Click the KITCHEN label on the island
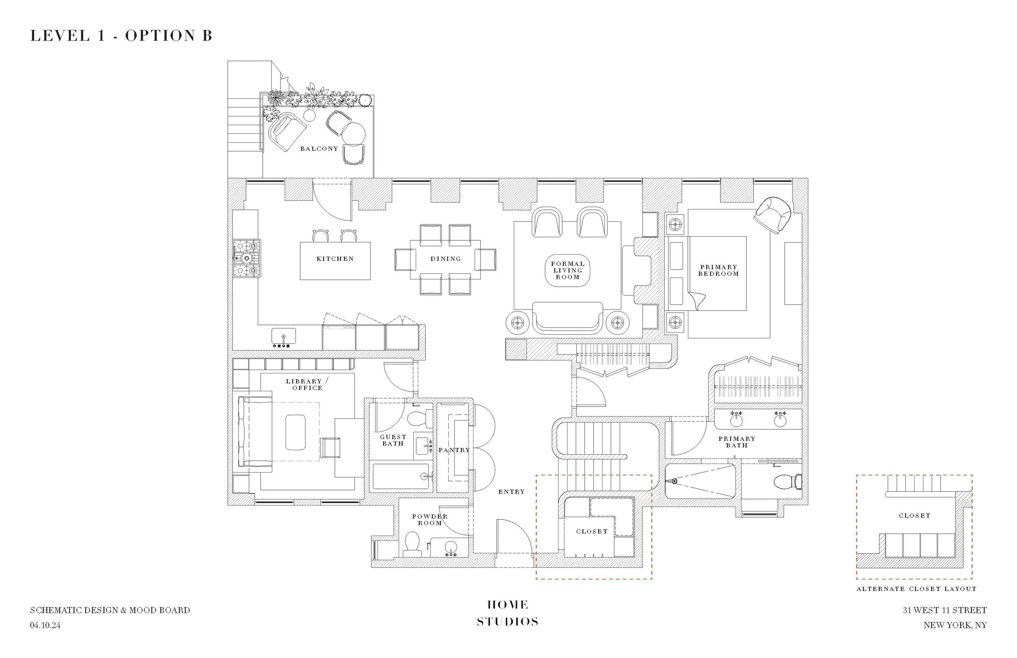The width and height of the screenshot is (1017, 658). click(x=335, y=259)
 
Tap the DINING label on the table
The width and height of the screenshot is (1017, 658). click(x=446, y=259)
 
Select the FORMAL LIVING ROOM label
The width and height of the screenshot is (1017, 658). click(x=567, y=270)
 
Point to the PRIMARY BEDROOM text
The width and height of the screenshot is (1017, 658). click(x=718, y=270)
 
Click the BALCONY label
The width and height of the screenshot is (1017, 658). click(x=319, y=149)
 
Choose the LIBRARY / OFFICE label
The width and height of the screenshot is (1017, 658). click(x=307, y=385)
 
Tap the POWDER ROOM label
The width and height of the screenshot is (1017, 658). click(x=430, y=520)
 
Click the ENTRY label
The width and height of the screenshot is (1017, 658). click(x=511, y=492)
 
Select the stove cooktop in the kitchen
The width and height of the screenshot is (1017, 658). click(x=247, y=258)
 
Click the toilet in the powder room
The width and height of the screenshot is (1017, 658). click(x=412, y=544)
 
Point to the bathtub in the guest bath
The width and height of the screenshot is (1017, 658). click(x=400, y=476)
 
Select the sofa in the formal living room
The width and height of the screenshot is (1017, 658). click(x=567, y=318)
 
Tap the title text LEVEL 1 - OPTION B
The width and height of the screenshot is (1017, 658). click(x=121, y=35)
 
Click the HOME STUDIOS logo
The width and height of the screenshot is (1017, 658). click(x=508, y=613)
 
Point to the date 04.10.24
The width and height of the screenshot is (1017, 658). click(x=45, y=625)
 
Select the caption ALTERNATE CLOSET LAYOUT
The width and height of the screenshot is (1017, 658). click(x=916, y=589)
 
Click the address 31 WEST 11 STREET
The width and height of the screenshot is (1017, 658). click(x=944, y=610)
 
